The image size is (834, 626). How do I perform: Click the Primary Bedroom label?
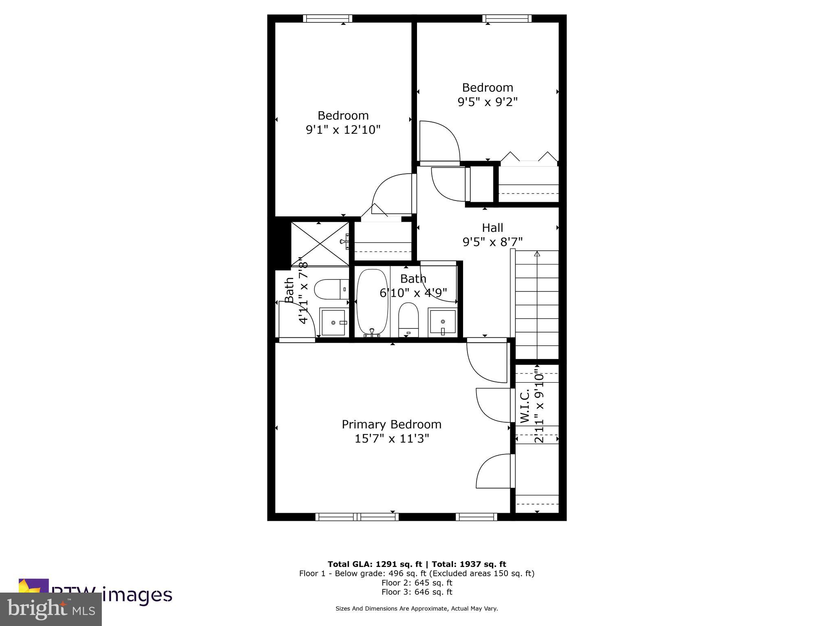click(x=391, y=424)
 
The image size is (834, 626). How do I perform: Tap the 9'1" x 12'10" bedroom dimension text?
click(x=343, y=130)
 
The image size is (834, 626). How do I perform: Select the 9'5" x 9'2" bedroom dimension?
click(x=487, y=102)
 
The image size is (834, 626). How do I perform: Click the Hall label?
click(x=492, y=227)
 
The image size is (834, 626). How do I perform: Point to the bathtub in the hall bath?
click(x=372, y=302)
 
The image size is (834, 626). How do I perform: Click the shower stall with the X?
click(x=320, y=244)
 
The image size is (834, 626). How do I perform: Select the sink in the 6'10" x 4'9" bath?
click(x=442, y=322)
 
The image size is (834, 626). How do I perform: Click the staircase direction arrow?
click(x=537, y=254)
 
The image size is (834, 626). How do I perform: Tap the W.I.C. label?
click(x=525, y=406)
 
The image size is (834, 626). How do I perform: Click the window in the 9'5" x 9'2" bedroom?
click(x=507, y=18)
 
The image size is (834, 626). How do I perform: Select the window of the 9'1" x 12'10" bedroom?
click(x=327, y=18)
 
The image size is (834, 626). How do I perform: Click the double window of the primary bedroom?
click(x=357, y=517)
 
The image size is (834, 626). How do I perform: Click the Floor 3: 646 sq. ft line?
click(x=417, y=592)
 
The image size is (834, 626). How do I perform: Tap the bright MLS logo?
click(x=50, y=609)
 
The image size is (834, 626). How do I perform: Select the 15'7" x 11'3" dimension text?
click(x=392, y=439)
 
